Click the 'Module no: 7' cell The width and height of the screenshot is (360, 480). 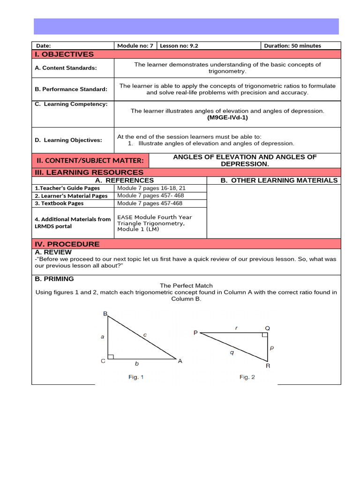tap(135, 46)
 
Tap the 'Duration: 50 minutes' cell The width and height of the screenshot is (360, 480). tap(292, 46)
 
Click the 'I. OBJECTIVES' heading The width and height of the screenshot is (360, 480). tap(64, 54)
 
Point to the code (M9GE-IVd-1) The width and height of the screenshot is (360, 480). tap(227, 118)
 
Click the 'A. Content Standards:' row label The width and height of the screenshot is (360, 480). tap(66, 68)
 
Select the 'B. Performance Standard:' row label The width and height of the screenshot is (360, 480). tap(71, 89)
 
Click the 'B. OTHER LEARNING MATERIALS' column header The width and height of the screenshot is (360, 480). tap(278, 180)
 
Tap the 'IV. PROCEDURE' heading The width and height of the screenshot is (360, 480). tap(67, 244)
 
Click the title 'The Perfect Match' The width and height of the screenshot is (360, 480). tap(186, 285)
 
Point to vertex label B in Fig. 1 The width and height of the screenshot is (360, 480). tap(105, 314)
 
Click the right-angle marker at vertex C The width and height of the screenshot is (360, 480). tap(110, 357)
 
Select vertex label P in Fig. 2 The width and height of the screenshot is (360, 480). tap(195, 333)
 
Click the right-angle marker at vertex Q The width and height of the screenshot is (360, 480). tap(265, 335)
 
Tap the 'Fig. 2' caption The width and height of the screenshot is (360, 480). tap(247, 377)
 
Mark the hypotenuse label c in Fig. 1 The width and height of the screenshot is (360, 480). tap(145, 335)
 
